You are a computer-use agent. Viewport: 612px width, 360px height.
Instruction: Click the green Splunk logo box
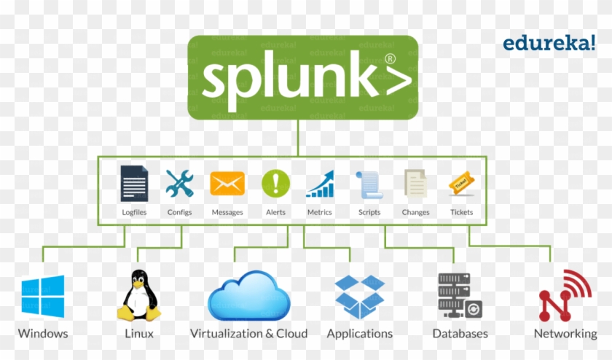(x=302, y=77)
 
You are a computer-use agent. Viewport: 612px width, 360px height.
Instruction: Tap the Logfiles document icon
(x=134, y=184)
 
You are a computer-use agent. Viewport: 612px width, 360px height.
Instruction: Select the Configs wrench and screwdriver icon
(x=179, y=184)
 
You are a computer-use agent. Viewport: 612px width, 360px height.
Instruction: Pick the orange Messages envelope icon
(x=227, y=184)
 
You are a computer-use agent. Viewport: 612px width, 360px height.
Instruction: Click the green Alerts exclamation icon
(x=275, y=183)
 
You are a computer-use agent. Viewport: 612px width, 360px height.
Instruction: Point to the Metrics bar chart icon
(x=319, y=184)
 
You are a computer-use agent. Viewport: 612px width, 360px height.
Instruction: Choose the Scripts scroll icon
(x=369, y=185)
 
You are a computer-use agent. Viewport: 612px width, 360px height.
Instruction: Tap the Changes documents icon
(x=415, y=184)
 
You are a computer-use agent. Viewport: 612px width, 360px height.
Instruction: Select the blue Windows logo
(x=43, y=297)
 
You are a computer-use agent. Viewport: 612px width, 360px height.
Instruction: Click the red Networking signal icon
(x=565, y=295)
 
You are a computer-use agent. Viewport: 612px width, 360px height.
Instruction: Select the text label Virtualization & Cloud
(x=248, y=334)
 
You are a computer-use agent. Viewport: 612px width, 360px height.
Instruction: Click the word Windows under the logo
(x=43, y=334)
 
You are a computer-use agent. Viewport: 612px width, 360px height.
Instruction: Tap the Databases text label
(x=460, y=334)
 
